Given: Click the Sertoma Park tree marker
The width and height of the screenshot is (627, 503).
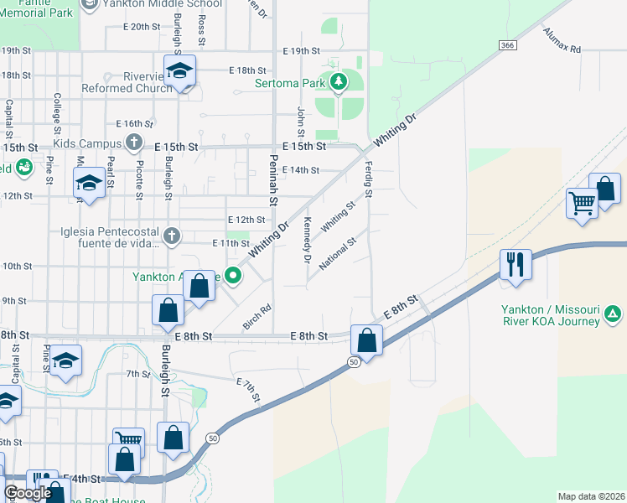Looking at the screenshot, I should [339, 82].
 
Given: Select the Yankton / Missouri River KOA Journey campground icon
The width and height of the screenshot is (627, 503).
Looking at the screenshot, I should [613, 314].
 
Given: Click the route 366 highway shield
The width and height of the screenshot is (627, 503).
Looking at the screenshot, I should [505, 44].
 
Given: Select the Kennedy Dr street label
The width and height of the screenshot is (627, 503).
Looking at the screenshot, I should [308, 240].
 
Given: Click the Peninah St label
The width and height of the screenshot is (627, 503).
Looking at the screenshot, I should [272, 180].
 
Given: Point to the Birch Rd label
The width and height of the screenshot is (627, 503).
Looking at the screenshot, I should [261, 318].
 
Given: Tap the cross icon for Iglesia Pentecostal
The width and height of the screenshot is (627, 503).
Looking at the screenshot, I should [172, 235].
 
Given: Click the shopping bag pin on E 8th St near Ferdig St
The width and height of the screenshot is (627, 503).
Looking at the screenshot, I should [366, 339].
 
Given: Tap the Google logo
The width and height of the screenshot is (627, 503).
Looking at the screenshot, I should [28, 492].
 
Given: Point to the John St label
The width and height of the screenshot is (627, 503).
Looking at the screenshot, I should [300, 122].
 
